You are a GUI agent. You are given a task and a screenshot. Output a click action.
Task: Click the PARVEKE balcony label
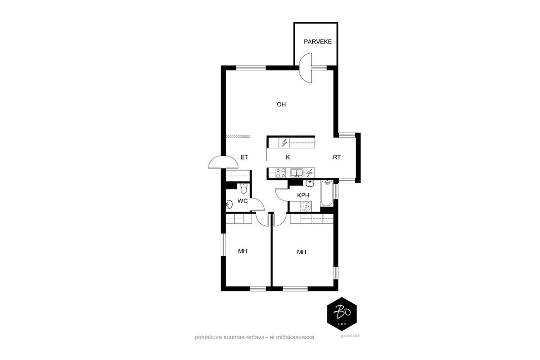pos(317,42)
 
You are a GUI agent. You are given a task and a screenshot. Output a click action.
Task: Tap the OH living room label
pos(281,104)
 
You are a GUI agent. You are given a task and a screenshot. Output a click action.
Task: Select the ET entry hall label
pos(244,157)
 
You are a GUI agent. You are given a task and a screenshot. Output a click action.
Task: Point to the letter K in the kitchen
pos(288,157)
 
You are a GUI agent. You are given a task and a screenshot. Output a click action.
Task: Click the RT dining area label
pos(337,157)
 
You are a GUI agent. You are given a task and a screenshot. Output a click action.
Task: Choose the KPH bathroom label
pos(303,195)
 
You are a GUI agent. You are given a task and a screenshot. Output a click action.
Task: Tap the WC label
pos(243,201)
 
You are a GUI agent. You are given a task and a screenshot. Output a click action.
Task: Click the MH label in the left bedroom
pos(243,251)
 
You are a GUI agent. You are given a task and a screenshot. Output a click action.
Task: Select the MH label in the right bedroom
pos(302,252)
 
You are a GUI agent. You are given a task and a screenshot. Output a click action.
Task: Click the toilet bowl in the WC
pos(244,189)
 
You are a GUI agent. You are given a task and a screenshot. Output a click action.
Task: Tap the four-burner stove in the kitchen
pos(281,173)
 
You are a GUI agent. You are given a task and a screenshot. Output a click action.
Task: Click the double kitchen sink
pos(297,173)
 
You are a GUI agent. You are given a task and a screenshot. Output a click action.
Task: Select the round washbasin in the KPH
pos(310,183)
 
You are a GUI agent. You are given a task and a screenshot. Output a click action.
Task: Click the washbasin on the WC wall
pos(229,205)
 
